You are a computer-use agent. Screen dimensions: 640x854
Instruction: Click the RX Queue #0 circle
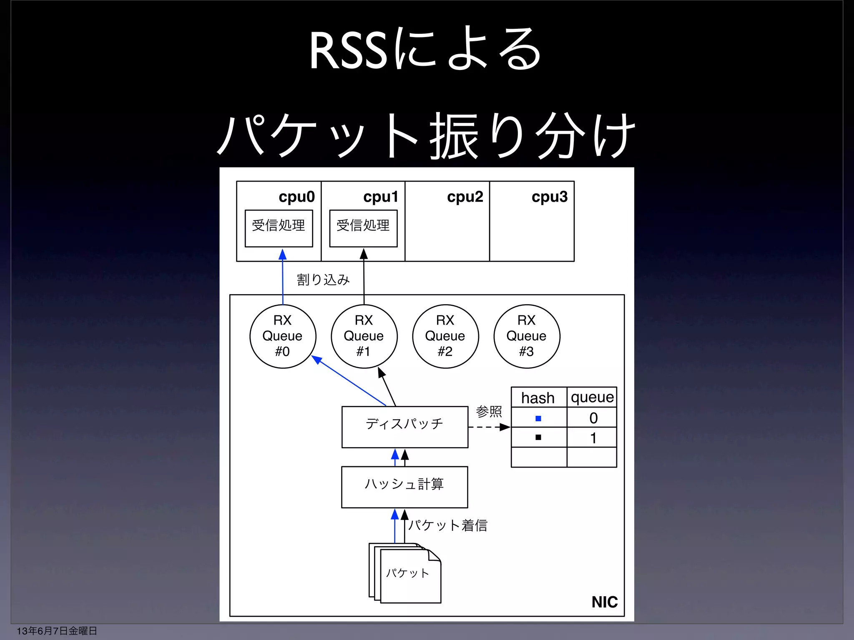click(x=283, y=336)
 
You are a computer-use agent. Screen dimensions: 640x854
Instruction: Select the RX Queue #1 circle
click(x=364, y=336)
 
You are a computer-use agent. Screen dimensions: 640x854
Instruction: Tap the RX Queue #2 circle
click(x=445, y=336)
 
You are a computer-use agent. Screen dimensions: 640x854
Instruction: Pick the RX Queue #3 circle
click(x=527, y=336)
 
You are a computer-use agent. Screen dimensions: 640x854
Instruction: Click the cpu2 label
click(x=465, y=197)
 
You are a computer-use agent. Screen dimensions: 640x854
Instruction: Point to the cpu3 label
click(x=550, y=197)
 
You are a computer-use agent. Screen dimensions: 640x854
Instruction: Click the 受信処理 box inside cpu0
click(x=279, y=228)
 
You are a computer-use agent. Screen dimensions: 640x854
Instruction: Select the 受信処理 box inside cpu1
click(x=363, y=228)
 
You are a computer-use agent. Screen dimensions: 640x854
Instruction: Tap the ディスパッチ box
click(x=404, y=427)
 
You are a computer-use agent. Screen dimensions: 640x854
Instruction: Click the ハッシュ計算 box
click(x=404, y=487)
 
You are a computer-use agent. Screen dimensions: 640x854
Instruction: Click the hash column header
click(x=538, y=397)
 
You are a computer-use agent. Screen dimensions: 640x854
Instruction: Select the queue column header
click(x=592, y=397)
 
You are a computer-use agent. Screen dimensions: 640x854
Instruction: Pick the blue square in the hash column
click(x=538, y=418)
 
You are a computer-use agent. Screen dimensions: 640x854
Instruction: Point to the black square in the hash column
click(x=538, y=437)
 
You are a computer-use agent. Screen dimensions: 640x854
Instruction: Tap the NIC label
click(x=604, y=602)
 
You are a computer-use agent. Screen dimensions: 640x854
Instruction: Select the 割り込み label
click(x=323, y=279)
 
